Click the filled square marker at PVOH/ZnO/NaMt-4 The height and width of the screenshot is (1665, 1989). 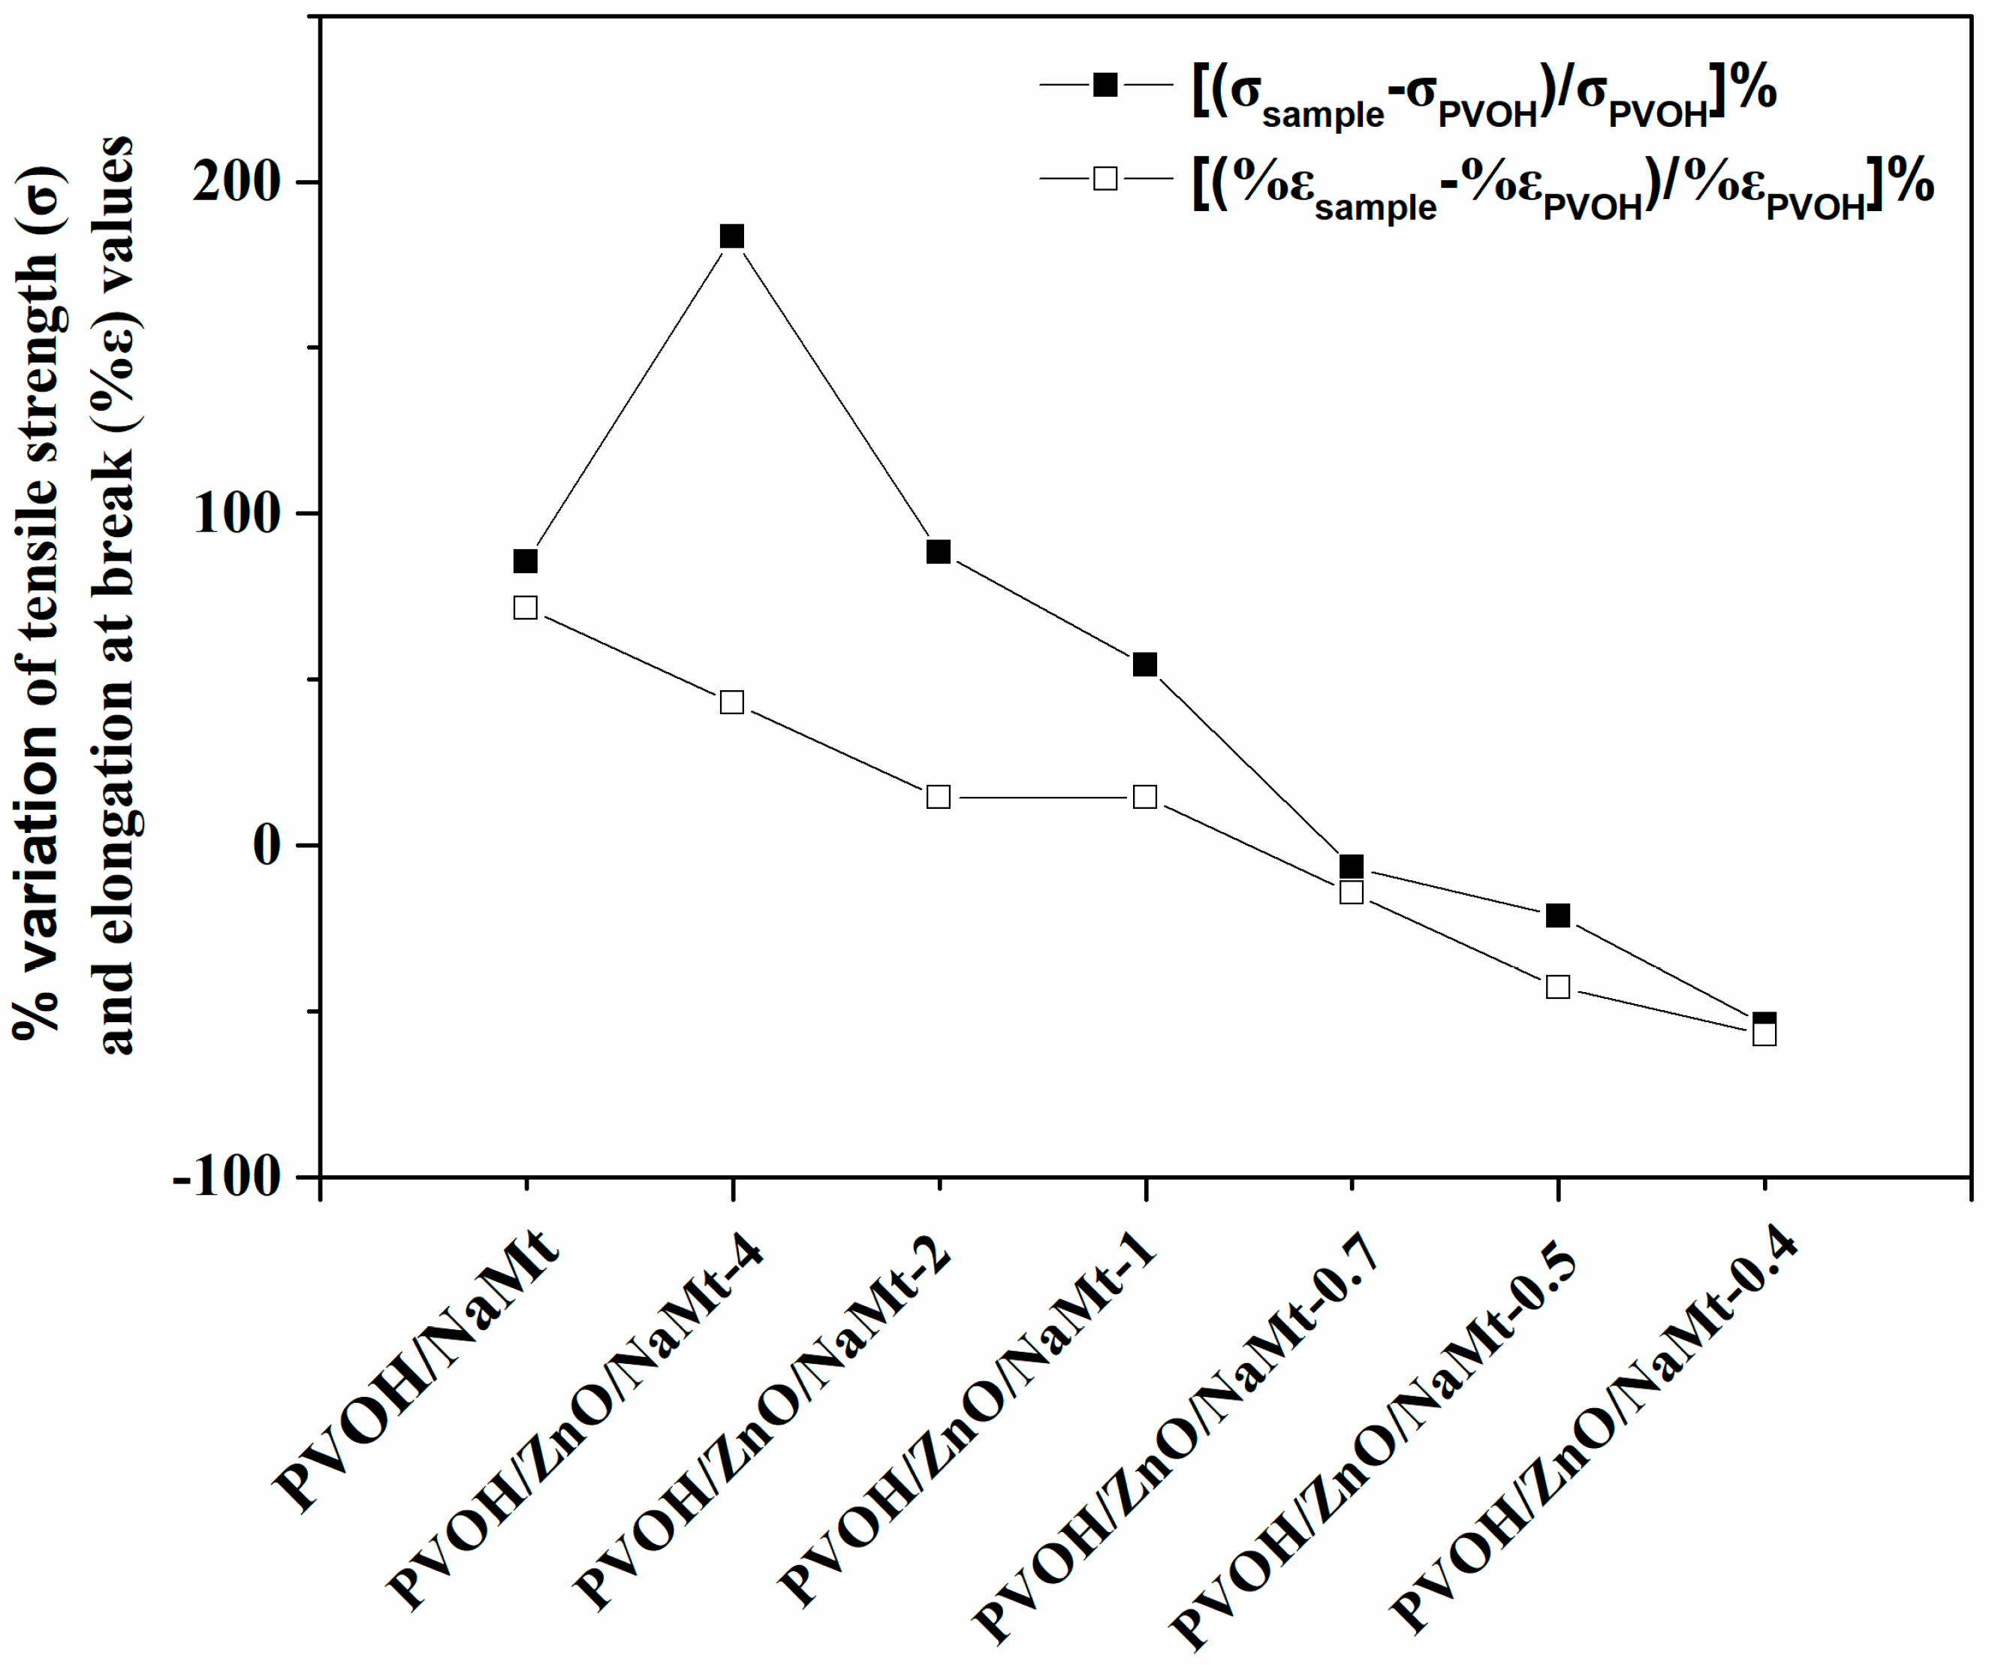click(x=732, y=236)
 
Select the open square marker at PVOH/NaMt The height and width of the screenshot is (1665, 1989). click(x=526, y=607)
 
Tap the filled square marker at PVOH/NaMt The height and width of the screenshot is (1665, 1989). click(x=526, y=561)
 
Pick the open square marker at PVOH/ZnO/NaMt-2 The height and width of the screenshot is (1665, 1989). click(x=939, y=797)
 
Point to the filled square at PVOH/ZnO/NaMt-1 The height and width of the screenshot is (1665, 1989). click(x=1145, y=664)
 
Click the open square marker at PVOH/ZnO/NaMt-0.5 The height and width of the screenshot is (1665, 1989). click(x=1558, y=987)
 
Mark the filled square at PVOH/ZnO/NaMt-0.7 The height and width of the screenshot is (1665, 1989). click(x=1352, y=866)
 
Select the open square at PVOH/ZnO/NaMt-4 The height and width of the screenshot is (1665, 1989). click(x=732, y=701)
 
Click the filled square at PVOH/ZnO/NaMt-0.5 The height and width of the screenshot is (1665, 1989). click(x=1558, y=915)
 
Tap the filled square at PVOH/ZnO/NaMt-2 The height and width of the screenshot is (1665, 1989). click(x=939, y=551)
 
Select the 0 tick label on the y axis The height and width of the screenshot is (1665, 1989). click(x=268, y=844)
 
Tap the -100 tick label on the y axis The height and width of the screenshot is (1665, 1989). click(x=228, y=1178)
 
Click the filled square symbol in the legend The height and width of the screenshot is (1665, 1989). click(x=1105, y=84)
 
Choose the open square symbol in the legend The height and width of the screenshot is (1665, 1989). click(x=1105, y=178)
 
